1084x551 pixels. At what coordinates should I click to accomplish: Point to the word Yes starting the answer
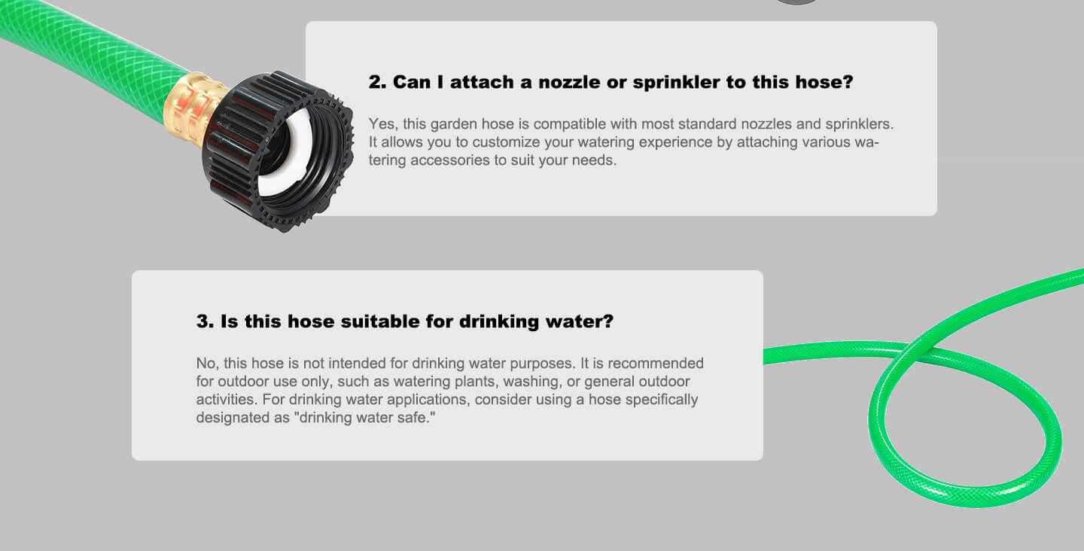coord(381,123)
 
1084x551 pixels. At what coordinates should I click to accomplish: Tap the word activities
coord(225,399)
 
